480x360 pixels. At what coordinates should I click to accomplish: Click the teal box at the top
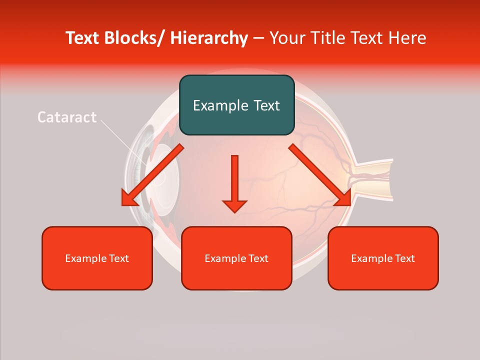pyautogui.click(x=236, y=105)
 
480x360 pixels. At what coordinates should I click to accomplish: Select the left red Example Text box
pyautogui.click(x=96, y=258)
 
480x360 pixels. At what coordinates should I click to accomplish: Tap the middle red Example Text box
pyautogui.click(x=236, y=258)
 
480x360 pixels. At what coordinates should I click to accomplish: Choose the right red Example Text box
pyautogui.click(x=383, y=258)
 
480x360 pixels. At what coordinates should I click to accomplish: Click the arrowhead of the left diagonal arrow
pyautogui.click(x=128, y=199)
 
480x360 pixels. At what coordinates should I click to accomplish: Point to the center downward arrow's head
pyautogui.click(x=234, y=205)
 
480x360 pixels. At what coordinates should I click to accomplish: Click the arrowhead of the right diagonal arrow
pyautogui.click(x=344, y=199)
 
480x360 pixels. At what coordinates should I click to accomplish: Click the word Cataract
pyautogui.click(x=67, y=117)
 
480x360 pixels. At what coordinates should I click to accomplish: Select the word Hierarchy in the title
pyautogui.click(x=208, y=38)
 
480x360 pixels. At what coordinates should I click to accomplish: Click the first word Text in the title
pyautogui.click(x=83, y=38)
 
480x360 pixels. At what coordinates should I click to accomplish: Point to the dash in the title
pyautogui.click(x=258, y=38)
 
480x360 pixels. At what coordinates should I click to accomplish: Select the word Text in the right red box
pyautogui.click(x=404, y=258)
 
